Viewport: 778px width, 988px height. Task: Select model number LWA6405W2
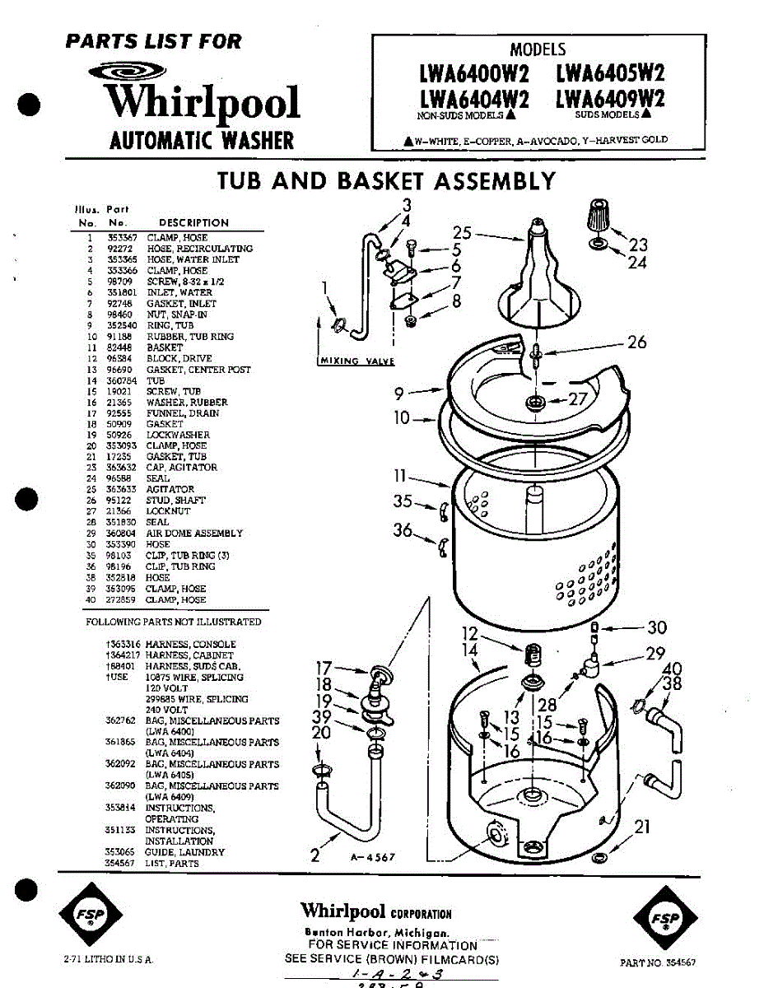tap(610, 74)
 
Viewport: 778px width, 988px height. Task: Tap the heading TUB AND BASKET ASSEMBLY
tap(386, 180)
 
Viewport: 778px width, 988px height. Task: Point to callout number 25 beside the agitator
tap(463, 232)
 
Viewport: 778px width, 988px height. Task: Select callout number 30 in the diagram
tap(656, 627)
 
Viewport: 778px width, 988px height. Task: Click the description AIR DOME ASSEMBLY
tap(194, 534)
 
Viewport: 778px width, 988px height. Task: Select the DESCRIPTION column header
tap(193, 222)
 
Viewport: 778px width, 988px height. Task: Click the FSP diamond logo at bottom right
tap(662, 918)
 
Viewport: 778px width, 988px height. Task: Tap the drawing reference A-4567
tap(373, 857)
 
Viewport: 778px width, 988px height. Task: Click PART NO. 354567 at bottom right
tap(661, 962)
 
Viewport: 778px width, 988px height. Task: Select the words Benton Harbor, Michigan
tap(376, 933)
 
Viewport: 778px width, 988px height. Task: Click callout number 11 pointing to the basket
tap(401, 476)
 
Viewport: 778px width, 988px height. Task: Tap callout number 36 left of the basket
tap(403, 531)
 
